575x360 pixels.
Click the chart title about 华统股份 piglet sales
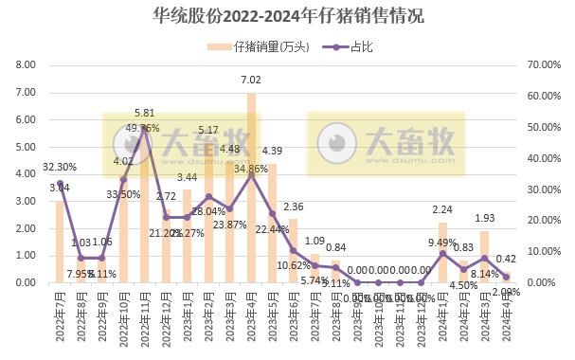pos(287,16)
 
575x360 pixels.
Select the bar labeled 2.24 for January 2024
pos(442,253)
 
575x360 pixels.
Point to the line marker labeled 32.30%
pos(60,183)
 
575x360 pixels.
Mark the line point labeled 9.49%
pos(442,253)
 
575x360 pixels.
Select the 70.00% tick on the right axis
pos(542,65)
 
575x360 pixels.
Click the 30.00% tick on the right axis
pos(542,189)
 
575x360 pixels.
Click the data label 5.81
pos(145,113)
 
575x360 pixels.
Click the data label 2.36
pos(294,207)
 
